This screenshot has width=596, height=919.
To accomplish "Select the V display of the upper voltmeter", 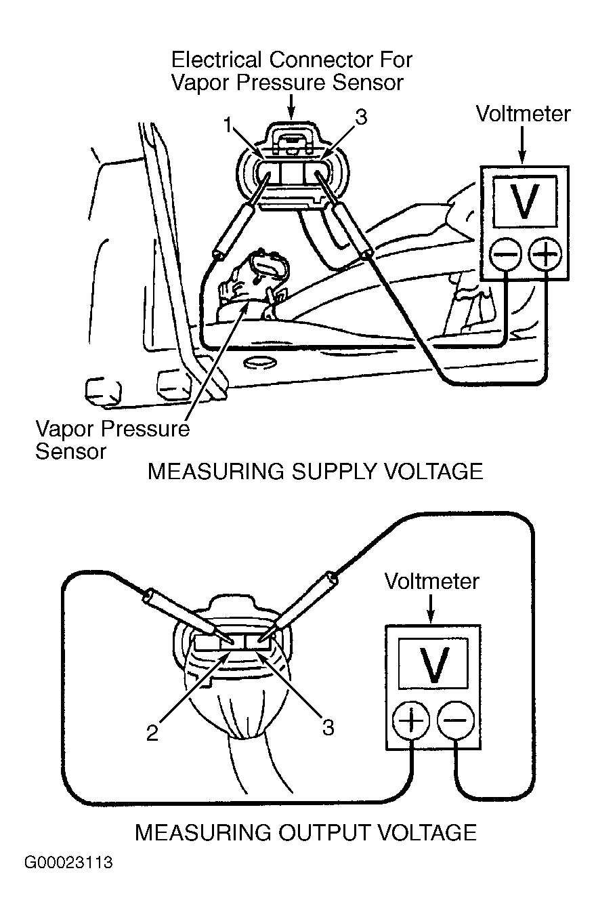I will coord(525,201).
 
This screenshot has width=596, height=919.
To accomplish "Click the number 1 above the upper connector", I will coord(230,126).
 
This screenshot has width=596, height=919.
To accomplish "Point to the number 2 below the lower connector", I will coord(153,733).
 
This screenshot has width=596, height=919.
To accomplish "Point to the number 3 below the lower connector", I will coord(328,728).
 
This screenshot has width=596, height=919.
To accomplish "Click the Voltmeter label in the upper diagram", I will coord(523,113).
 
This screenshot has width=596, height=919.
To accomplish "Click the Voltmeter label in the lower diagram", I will coord(431,581).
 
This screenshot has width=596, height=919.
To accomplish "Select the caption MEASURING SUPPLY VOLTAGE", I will coord(315,472).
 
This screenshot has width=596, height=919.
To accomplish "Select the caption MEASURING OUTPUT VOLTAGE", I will coord(305,832).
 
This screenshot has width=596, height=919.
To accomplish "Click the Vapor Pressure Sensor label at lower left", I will coord(112,440).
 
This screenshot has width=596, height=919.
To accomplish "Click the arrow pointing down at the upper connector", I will coord(291,106).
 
